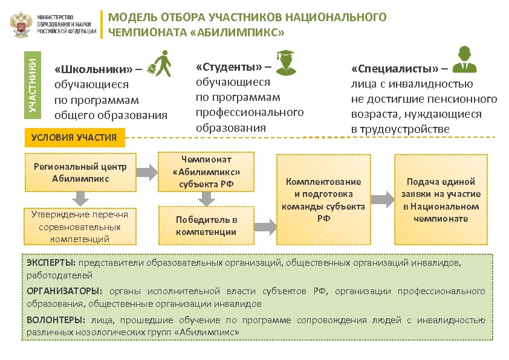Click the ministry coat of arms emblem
point(22,24)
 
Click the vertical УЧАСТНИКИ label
point(35,82)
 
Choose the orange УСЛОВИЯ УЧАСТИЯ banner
point(73,138)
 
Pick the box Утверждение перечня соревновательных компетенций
point(80,226)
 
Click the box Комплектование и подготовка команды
point(323,199)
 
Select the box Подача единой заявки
point(440,199)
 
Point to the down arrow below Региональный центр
point(80,198)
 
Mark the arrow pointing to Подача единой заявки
point(381,199)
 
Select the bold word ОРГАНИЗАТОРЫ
point(62,291)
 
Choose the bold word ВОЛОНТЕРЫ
point(55,320)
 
